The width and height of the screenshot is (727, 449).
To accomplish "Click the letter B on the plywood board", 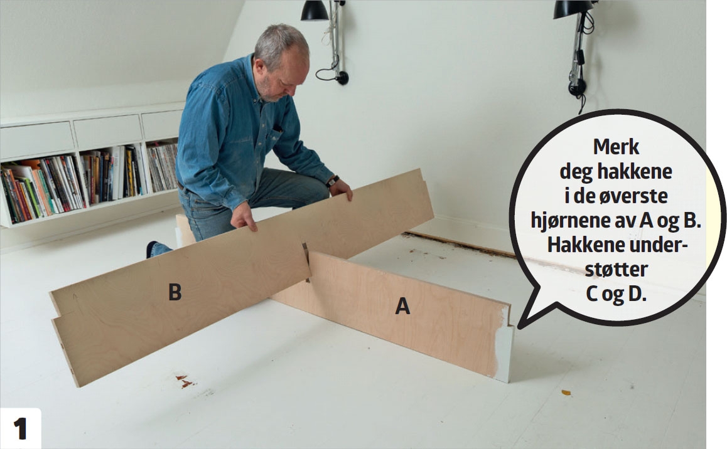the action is (x=175, y=292).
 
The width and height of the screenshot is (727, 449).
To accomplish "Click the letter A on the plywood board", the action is (x=402, y=306).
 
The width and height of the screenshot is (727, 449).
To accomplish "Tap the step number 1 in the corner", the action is (x=20, y=429).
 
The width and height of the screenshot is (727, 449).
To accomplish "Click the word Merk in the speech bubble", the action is (x=616, y=147).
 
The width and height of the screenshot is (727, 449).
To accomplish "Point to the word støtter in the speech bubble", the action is (x=616, y=270).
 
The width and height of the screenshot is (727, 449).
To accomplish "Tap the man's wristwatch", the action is (x=333, y=181).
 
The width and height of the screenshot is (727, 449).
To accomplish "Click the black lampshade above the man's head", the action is (x=315, y=11).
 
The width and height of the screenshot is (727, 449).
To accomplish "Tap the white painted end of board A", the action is (x=503, y=342).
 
